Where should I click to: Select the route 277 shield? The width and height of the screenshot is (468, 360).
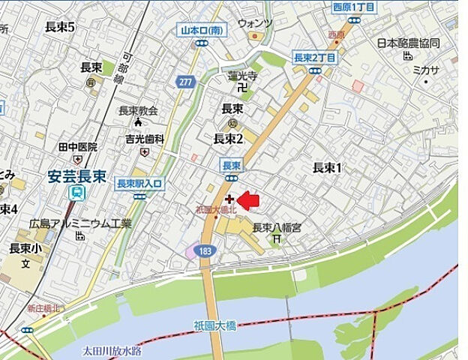[x=185, y=82]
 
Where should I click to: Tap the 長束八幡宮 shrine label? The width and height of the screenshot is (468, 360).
[x=276, y=227]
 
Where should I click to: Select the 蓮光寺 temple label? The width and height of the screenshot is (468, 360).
[x=243, y=76]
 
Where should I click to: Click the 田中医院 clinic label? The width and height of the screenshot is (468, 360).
[x=79, y=147]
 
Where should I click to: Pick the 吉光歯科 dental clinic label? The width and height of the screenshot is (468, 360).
[x=144, y=139]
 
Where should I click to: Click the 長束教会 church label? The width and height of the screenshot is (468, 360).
[x=138, y=111]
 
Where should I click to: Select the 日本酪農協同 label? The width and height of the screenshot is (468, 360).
[x=408, y=43]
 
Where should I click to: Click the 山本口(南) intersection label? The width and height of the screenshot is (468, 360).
[x=200, y=31]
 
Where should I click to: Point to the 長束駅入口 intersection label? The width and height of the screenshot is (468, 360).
[x=140, y=183]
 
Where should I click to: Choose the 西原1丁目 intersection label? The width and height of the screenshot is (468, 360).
[x=353, y=7]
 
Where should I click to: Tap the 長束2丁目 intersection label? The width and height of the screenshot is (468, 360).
[x=314, y=58]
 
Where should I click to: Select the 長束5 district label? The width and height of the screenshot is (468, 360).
[x=60, y=27]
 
